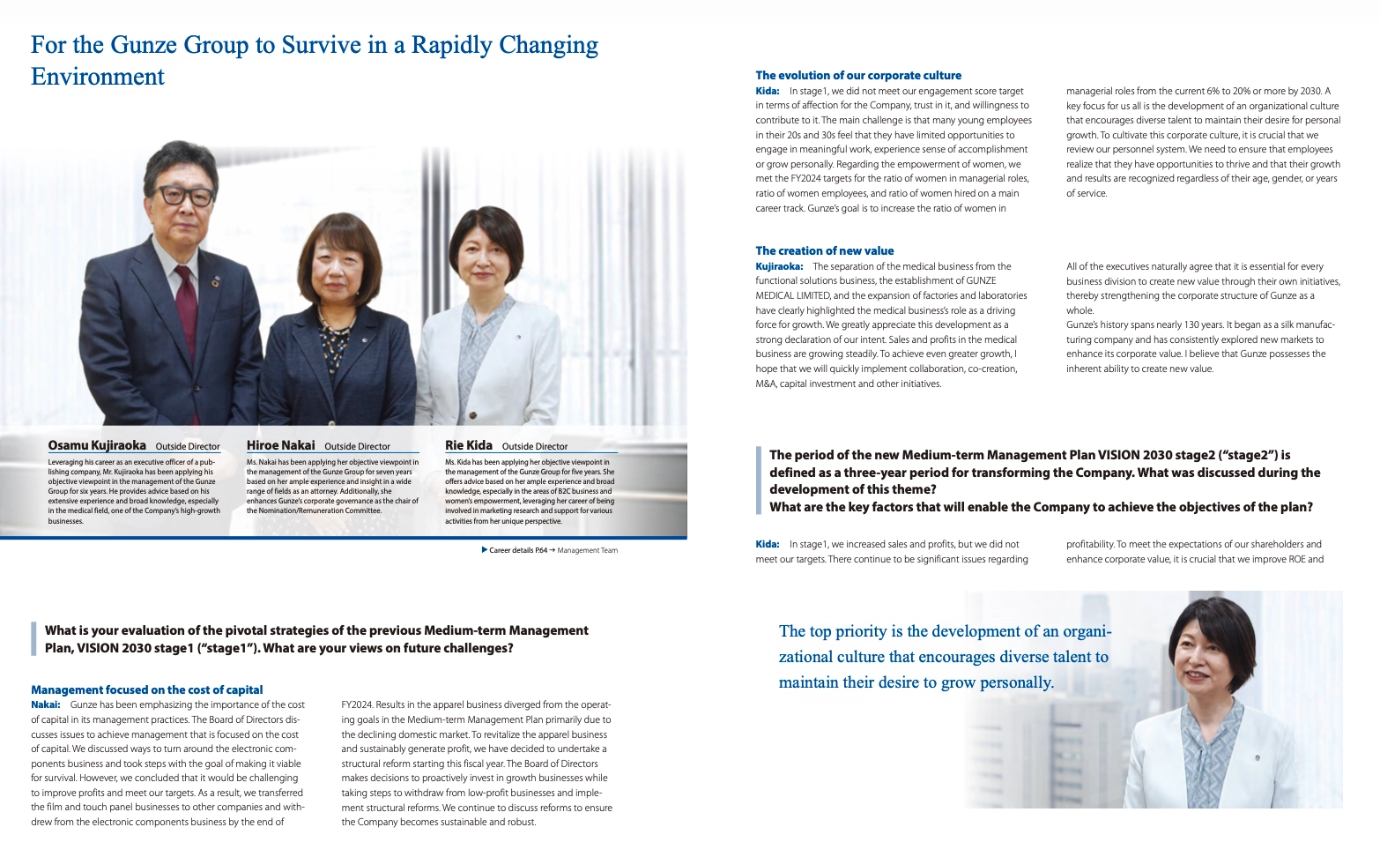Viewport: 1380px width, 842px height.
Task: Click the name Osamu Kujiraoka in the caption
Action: pyautogui.click(x=97, y=445)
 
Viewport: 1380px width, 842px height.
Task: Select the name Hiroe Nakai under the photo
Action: pyautogui.click(x=280, y=445)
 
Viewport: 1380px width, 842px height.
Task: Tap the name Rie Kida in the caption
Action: pyautogui.click(x=469, y=445)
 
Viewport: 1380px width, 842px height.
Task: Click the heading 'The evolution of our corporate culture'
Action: pyautogui.click(x=858, y=76)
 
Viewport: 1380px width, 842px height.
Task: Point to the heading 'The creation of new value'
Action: pyautogui.click(x=824, y=251)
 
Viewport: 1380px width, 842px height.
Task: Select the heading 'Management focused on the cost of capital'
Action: pyautogui.click(x=146, y=690)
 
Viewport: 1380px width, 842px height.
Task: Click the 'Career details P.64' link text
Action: pyautogui.click(x=518, y=550)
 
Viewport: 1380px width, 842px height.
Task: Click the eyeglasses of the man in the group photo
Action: pyautogui.click(x=185, y=194)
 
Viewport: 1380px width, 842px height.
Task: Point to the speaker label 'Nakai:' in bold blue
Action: pyautogui.click(x=46, y=705)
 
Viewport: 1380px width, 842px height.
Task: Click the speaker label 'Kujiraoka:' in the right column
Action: pyautogui.click(x=779, y=266)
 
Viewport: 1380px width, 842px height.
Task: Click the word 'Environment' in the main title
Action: pyautogui.click(x=97, y=78)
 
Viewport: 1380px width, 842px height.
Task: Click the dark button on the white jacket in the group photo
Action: pyautogui.click(x=472, y=415)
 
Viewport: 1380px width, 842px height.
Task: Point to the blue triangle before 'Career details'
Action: pyautogui.click(x=485, y=550)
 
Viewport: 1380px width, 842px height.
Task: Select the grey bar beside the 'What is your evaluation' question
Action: pyautogui.click(x=33, y=639)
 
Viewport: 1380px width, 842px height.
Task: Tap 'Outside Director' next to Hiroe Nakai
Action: pyautogui.click(x=357, y=446)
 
